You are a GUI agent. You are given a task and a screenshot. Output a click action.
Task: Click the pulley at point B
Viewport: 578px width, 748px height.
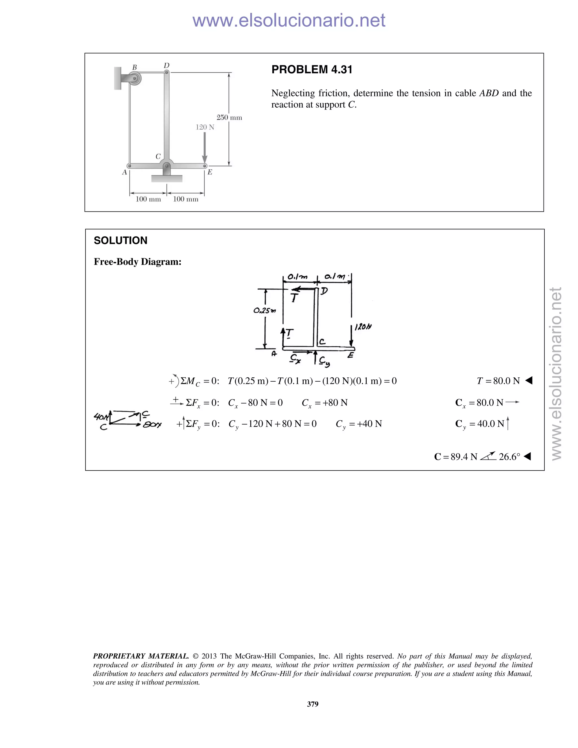[x=135, y=78]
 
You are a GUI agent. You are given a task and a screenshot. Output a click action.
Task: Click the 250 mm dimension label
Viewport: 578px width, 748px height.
[x=229, y=117]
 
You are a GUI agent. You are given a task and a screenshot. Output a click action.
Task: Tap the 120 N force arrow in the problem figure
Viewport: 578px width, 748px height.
[x=205, y=147]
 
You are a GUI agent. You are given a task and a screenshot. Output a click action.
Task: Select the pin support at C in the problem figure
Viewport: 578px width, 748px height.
[x=167, y=167]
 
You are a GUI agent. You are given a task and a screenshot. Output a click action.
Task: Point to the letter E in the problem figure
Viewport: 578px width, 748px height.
[x=210, y=172]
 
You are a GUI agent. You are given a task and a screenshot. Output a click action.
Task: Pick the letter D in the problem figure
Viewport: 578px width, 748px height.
[x=167, y=65]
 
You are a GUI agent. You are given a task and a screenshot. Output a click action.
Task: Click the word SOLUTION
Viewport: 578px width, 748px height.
[x=121, y=240]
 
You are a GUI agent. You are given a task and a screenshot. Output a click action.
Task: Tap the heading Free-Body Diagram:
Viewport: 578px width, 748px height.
[x=137, y=262]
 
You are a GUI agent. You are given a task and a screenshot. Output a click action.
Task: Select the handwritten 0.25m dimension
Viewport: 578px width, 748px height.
[x=264, y=311]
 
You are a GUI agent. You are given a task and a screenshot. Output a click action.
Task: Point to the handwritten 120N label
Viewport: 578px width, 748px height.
[x=363, y=327]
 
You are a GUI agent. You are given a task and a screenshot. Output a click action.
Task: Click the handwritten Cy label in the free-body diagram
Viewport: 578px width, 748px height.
[x=324, y=361]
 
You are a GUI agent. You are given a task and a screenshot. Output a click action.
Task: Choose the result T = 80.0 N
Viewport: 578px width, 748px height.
[x=498, y=381]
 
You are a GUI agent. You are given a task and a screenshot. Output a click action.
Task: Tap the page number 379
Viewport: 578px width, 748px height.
[x=313, y=704]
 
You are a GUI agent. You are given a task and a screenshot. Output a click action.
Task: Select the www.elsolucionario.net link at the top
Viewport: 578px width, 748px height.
[x=289, y=20]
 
